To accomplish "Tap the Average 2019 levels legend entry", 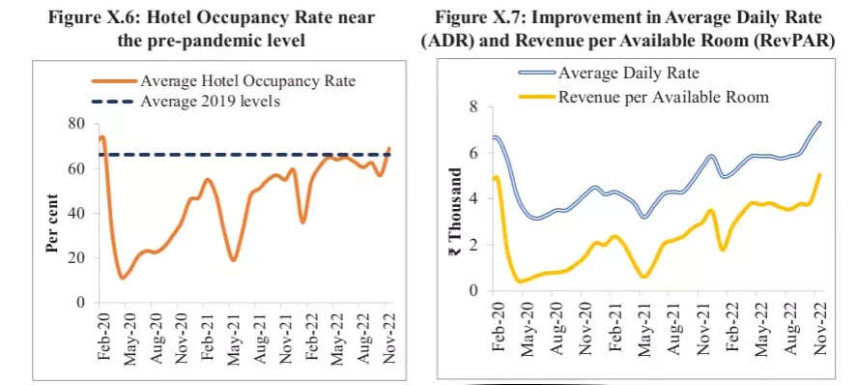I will point(211,102).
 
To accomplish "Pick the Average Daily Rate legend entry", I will point(628,73).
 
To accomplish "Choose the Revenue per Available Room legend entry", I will point(663,97).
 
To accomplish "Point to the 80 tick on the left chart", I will point(75,123).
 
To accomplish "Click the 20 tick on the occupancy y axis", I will point(75,257).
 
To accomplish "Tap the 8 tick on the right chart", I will point(472,106).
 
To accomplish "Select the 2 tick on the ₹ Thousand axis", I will point(472,245).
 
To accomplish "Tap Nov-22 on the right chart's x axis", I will point(820,333).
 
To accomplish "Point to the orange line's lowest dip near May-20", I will point(122,278).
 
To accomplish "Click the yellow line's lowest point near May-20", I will point(522,281).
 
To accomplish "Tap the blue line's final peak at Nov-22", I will point(819,123).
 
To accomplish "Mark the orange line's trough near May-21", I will point(233,259).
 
